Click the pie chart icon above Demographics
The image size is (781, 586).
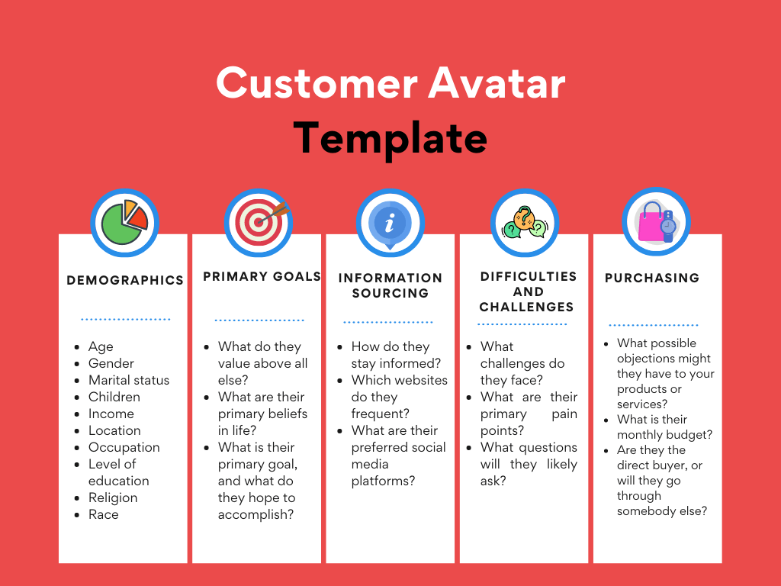pos(124,222)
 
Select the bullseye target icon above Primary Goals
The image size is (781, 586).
pos(259,222)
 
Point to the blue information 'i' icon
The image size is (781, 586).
pos(390,222)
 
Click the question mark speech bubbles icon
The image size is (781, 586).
pos(525,222)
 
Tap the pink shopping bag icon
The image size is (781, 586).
pos(657,222)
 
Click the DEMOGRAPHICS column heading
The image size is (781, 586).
pos(125,280)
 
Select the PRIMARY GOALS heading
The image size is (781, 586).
pos(262,276)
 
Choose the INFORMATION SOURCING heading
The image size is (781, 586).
pos(390,285)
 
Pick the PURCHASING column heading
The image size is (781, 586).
pos(652,278)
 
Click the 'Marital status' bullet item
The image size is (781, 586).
pos(129,380)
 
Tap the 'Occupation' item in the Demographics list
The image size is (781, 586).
pos(124,447)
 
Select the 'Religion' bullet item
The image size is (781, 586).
pos(113,497)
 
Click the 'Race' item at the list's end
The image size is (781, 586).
pos(104,514)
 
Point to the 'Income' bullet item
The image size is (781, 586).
pos(111,414)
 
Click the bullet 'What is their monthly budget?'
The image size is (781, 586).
pos(664,427)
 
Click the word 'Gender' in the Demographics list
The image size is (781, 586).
pos(111,363)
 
